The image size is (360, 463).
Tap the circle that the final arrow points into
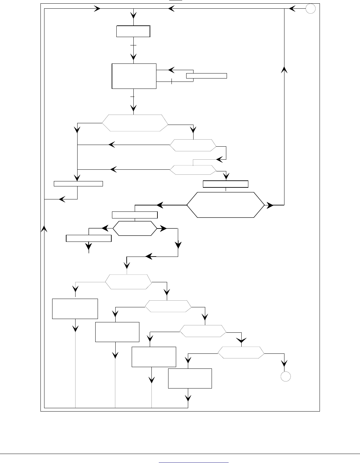[x=285, y=376]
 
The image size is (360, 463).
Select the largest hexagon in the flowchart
[x=225, y=205]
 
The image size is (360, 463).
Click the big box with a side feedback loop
[x=134, y=76]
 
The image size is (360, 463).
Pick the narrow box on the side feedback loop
[x=206, y=75]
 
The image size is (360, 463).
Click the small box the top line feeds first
[x=133, y=31]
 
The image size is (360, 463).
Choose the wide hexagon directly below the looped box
[x=134, y=123]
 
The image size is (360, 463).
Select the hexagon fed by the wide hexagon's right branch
[x=193, y=145]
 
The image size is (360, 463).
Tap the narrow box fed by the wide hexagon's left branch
[x=78, y=183]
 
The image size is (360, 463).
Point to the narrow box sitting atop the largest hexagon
[x=226, y=184]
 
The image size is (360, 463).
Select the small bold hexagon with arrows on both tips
[x=134, y=228]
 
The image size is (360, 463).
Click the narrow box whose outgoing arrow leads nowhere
[x=89, y=238]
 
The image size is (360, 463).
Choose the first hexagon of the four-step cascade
[x=128, y=282]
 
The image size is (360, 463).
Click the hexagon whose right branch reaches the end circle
[x=241, y=353]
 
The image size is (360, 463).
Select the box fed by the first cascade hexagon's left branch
[x=75, y=309]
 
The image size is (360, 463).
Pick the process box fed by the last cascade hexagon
[x=190, y=378]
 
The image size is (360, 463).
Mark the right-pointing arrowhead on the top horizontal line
[x=98, y=9]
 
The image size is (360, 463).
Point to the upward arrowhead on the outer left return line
[x=44, y=228]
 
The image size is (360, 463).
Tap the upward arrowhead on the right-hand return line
[x=284, y=69]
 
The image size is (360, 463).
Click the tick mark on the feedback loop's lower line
[x=171, y=81]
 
